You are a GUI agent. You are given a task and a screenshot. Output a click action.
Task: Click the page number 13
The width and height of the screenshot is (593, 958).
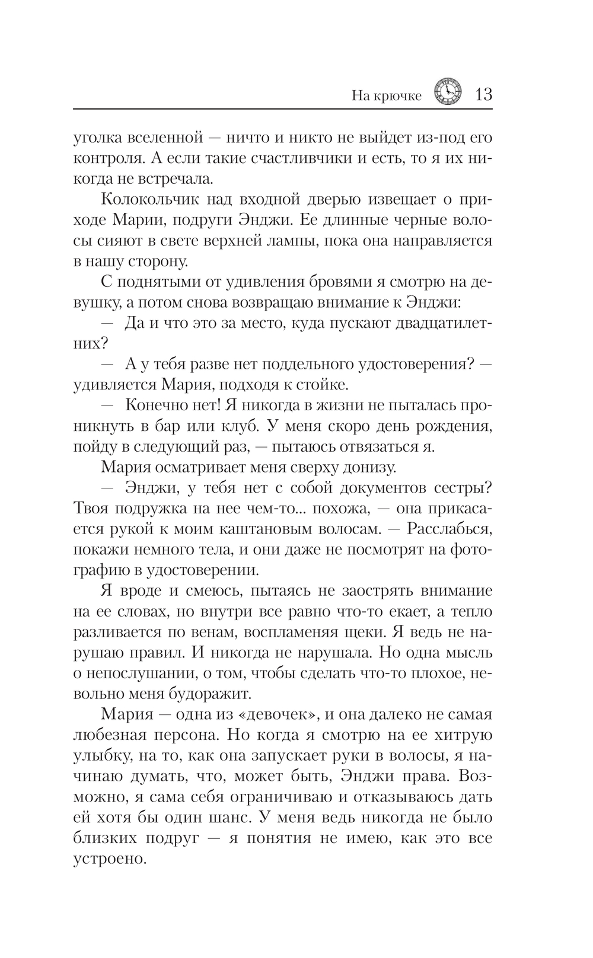(x=483, y=94)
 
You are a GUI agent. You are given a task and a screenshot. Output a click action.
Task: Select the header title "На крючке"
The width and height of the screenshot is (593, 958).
(x=386, y=96)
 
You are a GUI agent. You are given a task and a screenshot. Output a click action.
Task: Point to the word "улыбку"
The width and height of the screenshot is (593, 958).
(x=98, y=756)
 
